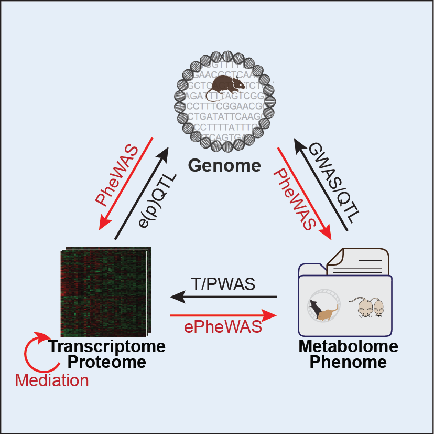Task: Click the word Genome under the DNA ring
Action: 224,166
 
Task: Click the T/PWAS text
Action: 223,284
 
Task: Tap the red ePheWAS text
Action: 223,327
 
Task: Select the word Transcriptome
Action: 106,346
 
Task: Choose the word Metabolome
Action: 348,346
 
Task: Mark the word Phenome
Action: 348,362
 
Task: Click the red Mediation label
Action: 52,380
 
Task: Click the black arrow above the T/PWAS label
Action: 223,298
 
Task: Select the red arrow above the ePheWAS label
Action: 223,315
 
